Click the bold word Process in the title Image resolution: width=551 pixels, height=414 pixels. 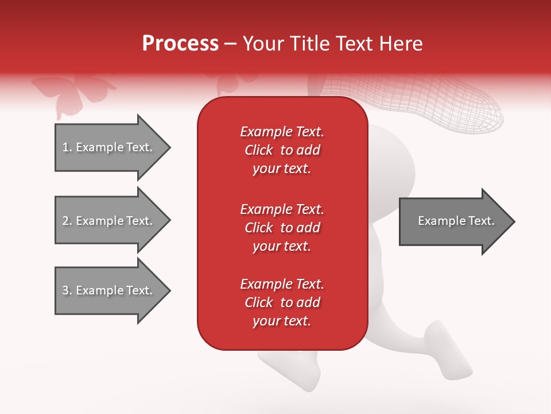[x=180, y=44]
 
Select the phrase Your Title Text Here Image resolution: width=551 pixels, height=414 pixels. [x=333, y=44]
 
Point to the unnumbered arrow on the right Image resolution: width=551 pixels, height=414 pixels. [x=453, y=221]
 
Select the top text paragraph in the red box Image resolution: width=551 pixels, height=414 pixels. [x=282, y=150]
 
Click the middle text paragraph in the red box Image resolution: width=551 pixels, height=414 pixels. [x=282, y=228]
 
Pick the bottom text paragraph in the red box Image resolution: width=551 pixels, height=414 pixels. [x=282, y=302]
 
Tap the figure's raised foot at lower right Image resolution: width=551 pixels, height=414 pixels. [x=448, y=351]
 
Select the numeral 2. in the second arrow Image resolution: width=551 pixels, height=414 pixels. [x=67, y=221]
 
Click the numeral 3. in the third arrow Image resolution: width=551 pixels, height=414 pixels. [x=67, y=290]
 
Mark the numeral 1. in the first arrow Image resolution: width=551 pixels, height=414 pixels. [x=67, y=147]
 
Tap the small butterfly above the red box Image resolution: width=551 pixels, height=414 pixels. [x=232, y=83]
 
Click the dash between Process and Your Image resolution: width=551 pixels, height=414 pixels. [x=230, y=44]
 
